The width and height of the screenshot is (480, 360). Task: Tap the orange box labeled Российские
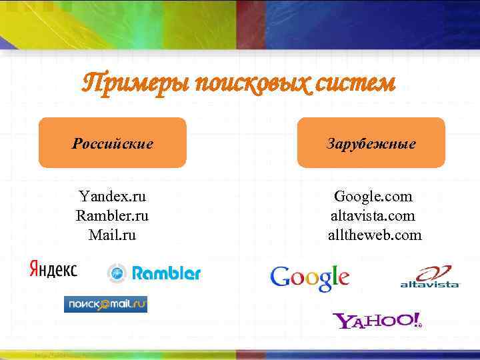112,143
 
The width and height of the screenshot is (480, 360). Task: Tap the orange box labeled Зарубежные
371,143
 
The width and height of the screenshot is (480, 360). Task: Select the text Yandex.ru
112,197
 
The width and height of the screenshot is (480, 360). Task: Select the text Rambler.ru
112,216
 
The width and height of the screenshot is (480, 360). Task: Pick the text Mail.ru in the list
112,235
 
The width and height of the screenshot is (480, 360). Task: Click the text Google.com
373,197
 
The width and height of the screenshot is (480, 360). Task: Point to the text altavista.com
373,216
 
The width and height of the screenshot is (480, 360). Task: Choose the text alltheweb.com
373,235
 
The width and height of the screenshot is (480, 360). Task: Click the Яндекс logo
53,269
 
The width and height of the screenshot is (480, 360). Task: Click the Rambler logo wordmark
166,273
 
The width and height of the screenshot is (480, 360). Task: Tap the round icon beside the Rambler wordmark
117,273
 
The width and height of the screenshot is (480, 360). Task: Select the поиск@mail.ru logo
105,304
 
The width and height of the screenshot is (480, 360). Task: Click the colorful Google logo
309,277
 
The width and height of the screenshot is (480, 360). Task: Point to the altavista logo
430,277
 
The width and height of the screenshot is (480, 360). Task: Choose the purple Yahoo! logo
377,321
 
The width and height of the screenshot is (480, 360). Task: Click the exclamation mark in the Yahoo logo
416,319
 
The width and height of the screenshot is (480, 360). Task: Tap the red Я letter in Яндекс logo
34,269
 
